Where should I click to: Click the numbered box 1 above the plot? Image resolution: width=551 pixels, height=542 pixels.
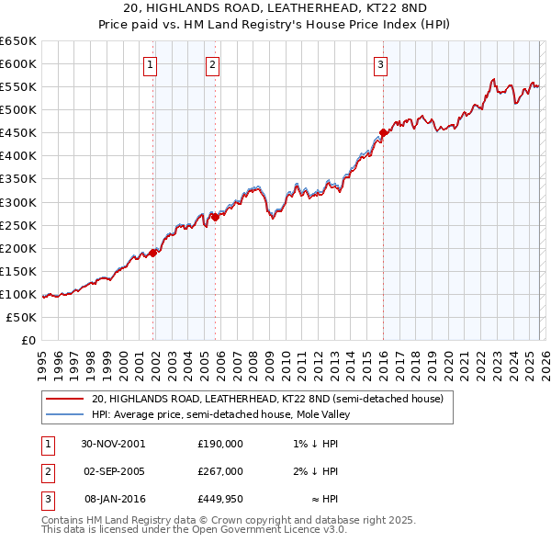(150, 64)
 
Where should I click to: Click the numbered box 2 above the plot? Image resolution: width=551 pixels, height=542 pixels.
(212, 64)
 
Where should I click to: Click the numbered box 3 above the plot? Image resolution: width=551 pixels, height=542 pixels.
(380, 64)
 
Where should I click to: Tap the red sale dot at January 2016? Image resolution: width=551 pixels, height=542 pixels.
(383, 132)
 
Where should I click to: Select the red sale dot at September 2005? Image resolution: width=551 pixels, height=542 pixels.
(215, 217)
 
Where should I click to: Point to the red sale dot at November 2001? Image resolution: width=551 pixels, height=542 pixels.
(153, 253)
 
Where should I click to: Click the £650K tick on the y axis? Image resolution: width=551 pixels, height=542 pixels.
(18, 41)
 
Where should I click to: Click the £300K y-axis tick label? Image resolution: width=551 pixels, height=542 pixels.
(18, 202)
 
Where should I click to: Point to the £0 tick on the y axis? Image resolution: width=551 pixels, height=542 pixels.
(28, 340)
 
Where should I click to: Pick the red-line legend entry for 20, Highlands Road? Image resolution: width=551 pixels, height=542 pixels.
(267, 399)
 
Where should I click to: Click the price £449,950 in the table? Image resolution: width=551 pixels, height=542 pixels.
(219, 498)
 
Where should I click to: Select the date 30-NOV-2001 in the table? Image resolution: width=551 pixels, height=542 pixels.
(113, 443)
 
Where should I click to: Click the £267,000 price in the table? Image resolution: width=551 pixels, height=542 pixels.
(219, 470)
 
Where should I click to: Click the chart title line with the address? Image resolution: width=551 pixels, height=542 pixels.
(275, 9)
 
